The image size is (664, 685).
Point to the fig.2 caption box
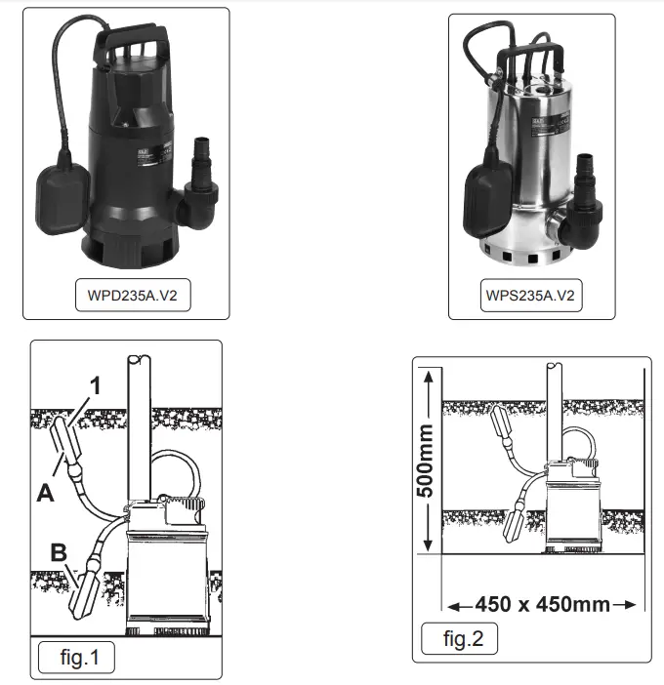(459, 640)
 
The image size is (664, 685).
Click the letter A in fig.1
(45, 494)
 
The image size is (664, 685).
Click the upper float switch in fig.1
(61, 440)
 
